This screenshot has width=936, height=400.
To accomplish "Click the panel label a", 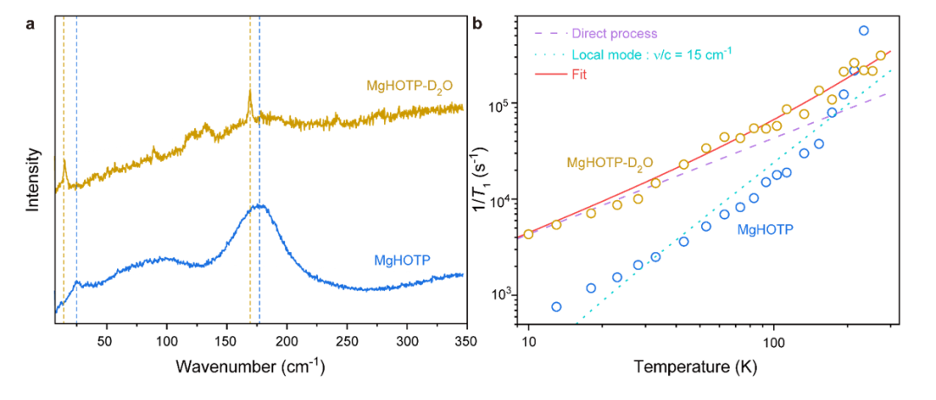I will coord(31,23).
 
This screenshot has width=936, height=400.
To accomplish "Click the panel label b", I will coord(478,23).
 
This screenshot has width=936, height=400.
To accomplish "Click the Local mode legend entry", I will coord(651,54).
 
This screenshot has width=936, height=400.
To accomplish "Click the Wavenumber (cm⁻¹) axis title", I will coord(250,367).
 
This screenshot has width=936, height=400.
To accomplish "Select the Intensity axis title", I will coord(33,179).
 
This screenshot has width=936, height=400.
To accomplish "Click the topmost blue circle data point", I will coord(863,31).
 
